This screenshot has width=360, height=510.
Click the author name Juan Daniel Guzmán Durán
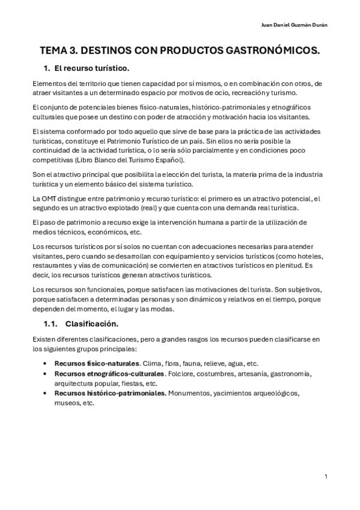tap(296, 25)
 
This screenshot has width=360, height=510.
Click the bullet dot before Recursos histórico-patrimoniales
tap(46, 393)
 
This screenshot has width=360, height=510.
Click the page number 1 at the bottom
tap(325, 477)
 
